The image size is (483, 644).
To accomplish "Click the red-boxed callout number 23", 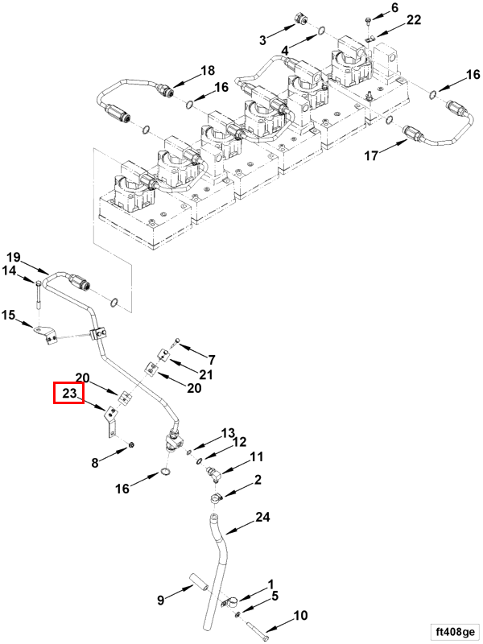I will (68, 394).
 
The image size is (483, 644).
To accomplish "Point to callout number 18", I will (208, 70).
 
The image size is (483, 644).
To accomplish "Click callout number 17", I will (370, 156).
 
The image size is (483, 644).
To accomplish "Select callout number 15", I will (9, 314).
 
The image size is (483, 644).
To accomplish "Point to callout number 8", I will (95, 462).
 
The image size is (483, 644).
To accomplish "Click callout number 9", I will (160, 599).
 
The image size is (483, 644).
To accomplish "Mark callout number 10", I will (299, 617).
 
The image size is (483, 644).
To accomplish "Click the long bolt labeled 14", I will (39, 295).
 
